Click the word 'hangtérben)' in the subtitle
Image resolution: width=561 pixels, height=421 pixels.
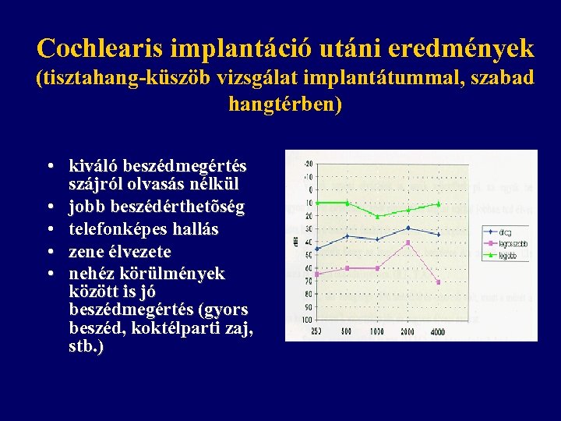tap(284, 104)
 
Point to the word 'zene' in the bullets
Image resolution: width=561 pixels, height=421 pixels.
tap(86, 252)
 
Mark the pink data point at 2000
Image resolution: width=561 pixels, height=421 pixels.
tap(408, 242)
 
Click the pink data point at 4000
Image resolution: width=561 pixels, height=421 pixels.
tap(439, 282)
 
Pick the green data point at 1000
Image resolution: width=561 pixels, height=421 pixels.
tap(378, 217)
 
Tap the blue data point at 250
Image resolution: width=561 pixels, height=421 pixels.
tap(317, 249)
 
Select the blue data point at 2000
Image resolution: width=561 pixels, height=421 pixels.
tap(408, 228)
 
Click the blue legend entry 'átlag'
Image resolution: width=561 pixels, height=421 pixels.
tap(505, 232)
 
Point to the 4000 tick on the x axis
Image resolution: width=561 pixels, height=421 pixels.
tap(438, 332)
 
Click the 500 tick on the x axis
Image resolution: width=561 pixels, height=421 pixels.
tap(348, 332)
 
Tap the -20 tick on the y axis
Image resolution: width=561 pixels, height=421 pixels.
tap(309, 164)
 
